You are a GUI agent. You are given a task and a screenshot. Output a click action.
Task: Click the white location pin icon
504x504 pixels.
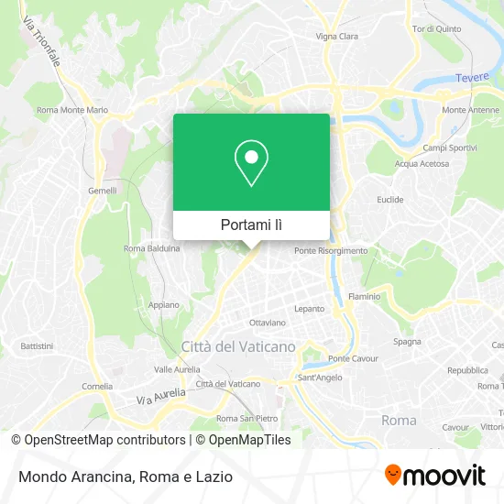[251, 163]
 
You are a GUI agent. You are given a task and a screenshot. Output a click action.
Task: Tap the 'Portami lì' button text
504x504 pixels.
[251, 225]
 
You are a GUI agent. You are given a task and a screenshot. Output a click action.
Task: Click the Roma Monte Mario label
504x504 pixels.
[72, 110]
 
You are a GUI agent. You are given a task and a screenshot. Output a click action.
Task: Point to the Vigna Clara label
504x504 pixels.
[337, 37]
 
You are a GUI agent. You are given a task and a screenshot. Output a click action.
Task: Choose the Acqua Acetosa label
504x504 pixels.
[422, 164]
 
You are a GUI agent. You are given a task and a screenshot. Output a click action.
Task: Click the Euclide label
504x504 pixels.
[389, 199]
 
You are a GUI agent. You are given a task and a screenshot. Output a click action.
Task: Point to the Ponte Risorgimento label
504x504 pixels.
[331, 250]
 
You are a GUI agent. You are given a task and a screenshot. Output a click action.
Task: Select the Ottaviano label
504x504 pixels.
[268, 323]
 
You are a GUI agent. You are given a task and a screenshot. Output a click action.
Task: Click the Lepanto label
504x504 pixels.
[311, 309]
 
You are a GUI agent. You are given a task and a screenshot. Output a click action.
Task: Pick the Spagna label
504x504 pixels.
[408, 341]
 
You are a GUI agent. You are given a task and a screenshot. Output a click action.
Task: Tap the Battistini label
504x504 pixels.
[37, 346]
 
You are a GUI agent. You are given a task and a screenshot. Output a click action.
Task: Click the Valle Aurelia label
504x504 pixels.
[176, 369]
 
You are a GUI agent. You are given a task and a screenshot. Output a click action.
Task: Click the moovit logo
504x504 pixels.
[434, 476]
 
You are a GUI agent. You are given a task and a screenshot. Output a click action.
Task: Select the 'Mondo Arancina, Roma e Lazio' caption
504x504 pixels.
[122, 477]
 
